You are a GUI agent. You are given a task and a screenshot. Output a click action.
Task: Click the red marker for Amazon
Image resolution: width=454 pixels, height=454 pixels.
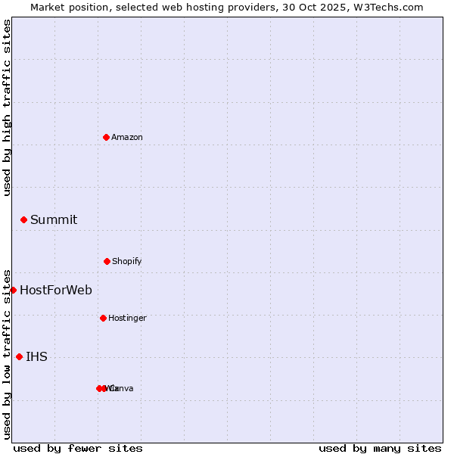(106, 137)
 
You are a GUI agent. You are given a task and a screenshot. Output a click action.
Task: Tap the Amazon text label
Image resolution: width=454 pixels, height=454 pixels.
(127, 137)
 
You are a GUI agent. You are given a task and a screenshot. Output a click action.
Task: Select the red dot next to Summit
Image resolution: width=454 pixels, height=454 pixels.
(23, 219)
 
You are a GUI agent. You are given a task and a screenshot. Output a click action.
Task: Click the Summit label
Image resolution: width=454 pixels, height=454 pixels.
(54, 220)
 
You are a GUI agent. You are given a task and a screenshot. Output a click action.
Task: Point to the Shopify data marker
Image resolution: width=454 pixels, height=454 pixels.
(107, 261)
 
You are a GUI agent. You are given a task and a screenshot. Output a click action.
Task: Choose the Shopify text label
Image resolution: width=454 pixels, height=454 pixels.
(127, 261)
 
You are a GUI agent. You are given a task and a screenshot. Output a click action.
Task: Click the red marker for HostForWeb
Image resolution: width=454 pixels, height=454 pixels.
(13, 290)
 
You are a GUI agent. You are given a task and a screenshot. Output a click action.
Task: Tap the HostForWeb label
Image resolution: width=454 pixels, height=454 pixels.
(56, 291)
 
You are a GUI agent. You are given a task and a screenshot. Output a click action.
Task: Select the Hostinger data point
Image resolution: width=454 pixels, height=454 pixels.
(103, 318)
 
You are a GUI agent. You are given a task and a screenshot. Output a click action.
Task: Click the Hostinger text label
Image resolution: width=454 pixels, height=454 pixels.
(127, 318)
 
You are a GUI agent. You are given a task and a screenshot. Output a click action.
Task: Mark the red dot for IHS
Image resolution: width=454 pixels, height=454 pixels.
(19, 356)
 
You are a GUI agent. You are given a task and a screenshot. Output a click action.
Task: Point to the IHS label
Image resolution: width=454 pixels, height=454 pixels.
(36, 357)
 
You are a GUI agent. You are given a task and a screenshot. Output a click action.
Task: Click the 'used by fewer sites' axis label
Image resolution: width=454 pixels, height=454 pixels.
(78, 448)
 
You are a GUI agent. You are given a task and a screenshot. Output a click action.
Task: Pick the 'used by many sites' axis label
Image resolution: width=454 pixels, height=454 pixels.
(380, 448)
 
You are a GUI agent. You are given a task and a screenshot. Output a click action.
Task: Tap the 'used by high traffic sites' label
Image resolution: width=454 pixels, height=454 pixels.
(7, 107)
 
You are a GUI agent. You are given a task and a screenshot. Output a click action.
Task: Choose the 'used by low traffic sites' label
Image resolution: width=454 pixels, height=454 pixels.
(7, 354)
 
